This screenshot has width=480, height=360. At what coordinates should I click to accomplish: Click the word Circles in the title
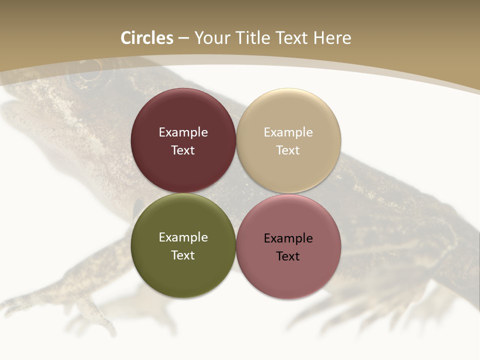pyautogui.click(x=146, y=38)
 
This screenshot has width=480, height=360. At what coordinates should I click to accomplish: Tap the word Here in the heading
pyautogui.click(x=332, y=38)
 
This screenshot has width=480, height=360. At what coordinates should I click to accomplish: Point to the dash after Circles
pyautogui.click(x=183, y=38)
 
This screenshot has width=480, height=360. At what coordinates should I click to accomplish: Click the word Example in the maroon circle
pyautogui.click(x=183, y=132)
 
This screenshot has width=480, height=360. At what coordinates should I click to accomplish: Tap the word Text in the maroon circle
pyautogui.click(x=183, y=150)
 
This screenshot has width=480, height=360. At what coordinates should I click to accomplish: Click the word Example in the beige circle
pyautogui.click(x=288, y=132)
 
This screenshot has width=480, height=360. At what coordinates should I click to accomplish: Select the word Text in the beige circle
pyautogui.click(x=288, y=150)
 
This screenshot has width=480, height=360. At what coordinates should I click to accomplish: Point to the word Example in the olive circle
pyautogui.click(x=183, y=237)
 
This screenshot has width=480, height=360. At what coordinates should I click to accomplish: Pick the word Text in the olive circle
pyautogui.click(x=183, y=255)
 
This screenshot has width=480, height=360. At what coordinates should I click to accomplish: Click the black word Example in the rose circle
pyautogui.click(x=288, y=238)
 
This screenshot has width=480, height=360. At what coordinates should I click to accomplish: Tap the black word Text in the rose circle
pyautogui.click(x=288, y=256)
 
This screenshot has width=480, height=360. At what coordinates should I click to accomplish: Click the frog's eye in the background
pyautogui.click(x=87, y=75)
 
